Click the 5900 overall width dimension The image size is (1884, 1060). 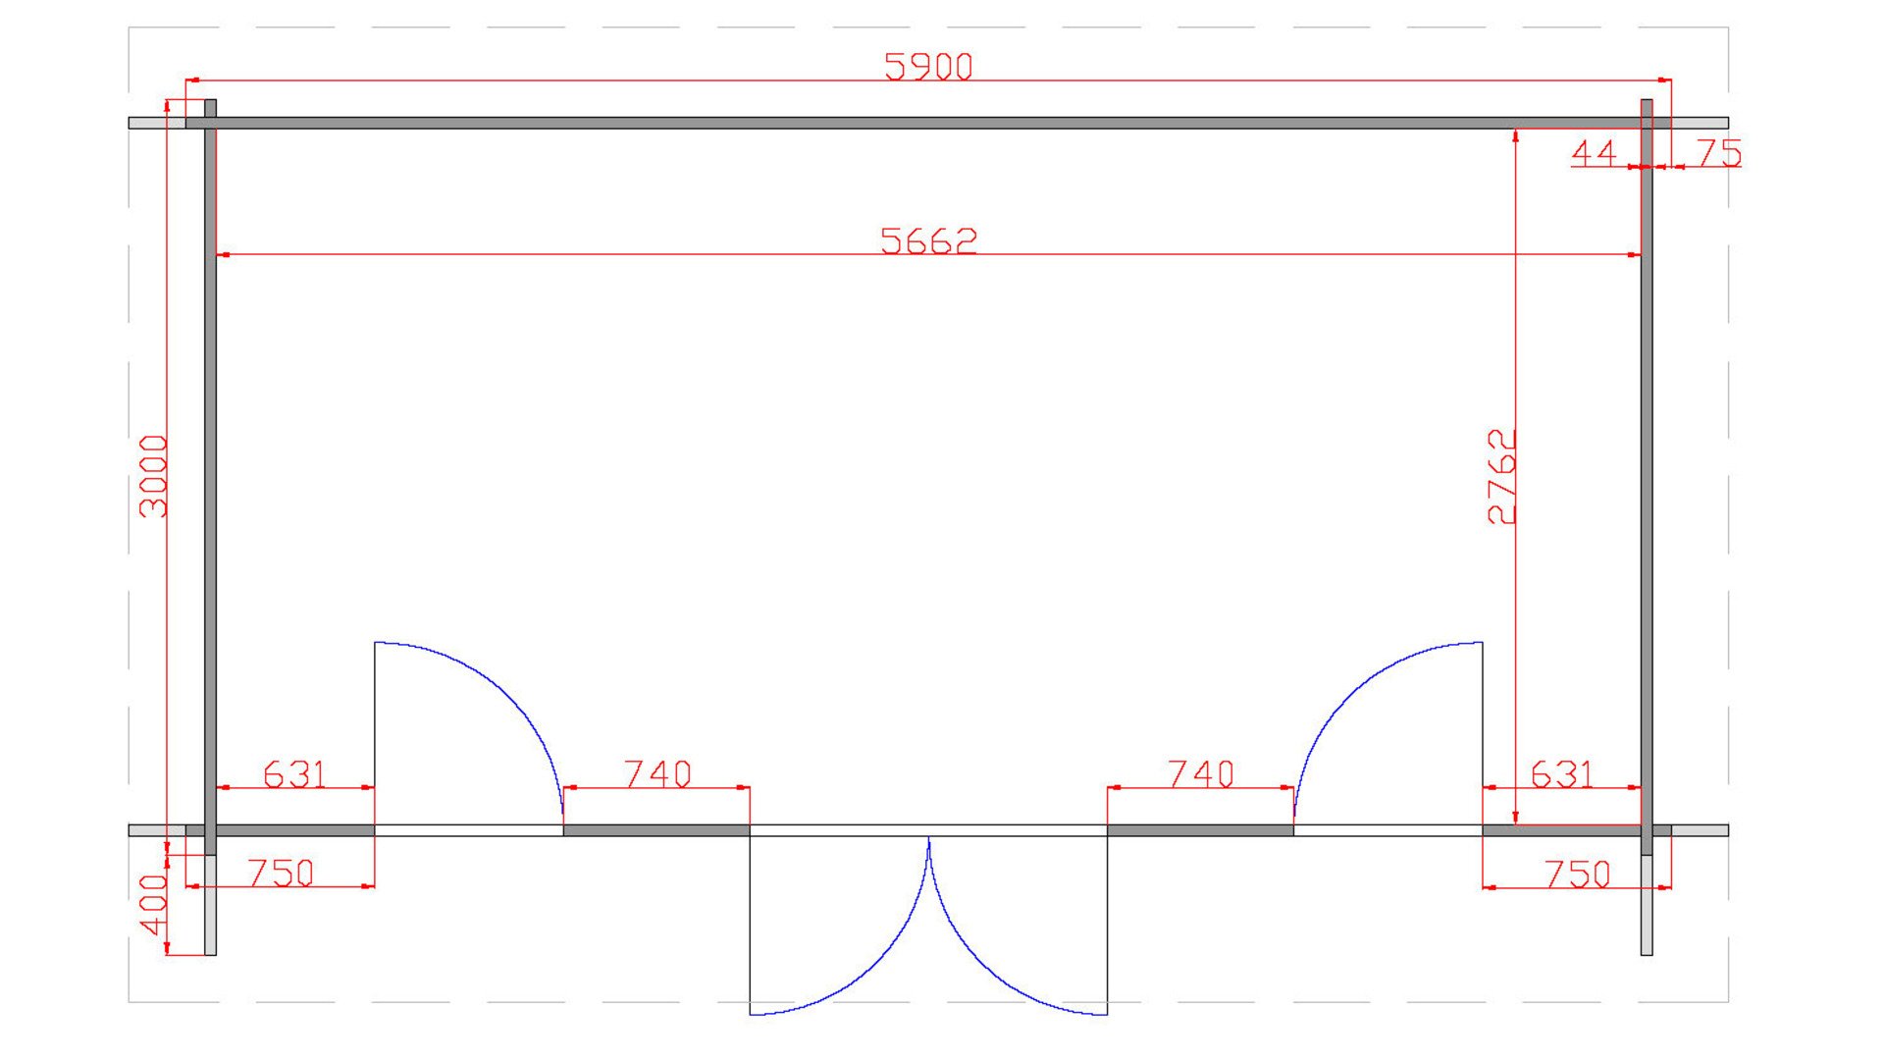point(928,67)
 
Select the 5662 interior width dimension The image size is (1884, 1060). point(928,240)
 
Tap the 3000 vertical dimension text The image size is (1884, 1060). point(154,476)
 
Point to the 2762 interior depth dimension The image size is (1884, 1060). point(1502,476)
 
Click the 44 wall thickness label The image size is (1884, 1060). point(1594,153)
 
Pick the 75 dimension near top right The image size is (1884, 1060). point(1718,153)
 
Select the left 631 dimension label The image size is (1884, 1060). point(294,774)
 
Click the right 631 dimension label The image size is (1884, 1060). point(1562,774)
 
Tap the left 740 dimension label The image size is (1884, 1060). point(657,774)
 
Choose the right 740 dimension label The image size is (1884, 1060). point(1201,774)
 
